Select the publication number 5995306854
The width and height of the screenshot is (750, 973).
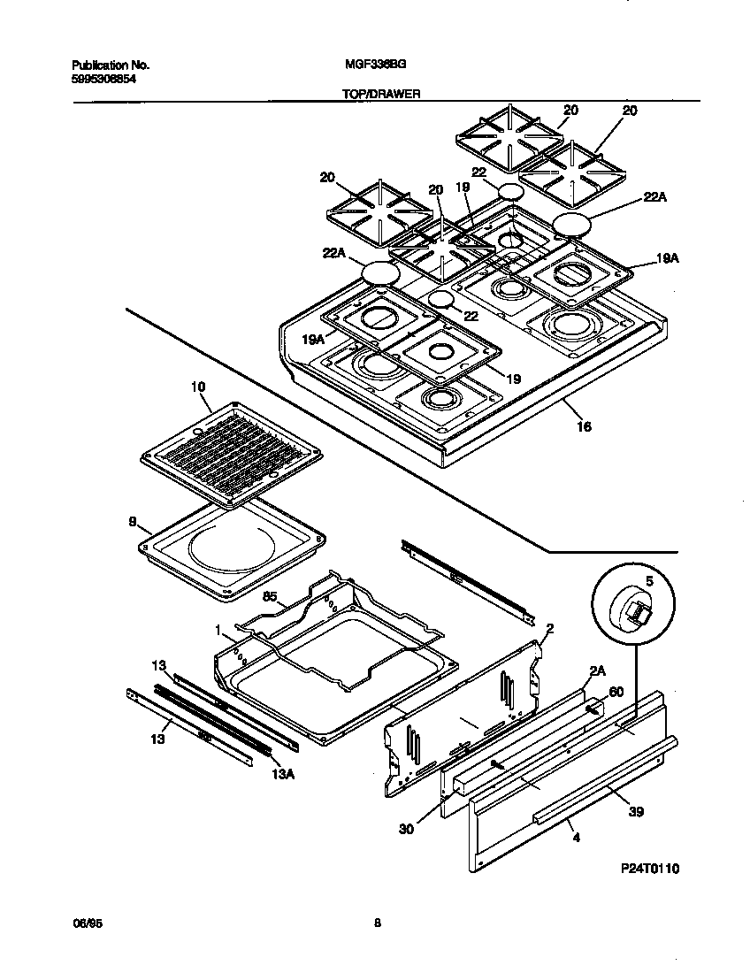(x=103, y=78)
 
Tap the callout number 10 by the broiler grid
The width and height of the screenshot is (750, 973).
(x=196, y=387)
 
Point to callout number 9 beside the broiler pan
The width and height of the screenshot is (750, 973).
(x=133, y=522)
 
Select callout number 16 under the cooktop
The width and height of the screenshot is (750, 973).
(x=584, y=426)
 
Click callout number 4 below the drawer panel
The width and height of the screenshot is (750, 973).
(x=576, y=836)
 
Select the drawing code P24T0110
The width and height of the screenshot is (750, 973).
(x=649, y=870)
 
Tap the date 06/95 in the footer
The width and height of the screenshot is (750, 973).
(x=83, y=923)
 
